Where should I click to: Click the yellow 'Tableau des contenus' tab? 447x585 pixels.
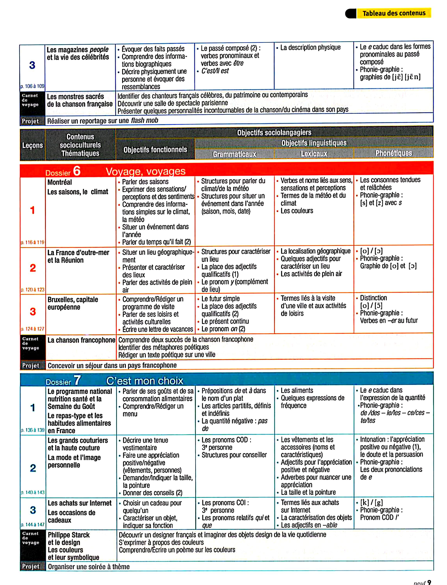[x=394, y=13]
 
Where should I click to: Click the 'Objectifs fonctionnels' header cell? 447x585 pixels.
[x=155, y=150]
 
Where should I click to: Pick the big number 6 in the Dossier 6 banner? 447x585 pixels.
[x=77, y=171]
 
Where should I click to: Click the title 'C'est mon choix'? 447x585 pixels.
[x=145, y=381]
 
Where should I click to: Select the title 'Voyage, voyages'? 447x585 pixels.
[x=146, y=171]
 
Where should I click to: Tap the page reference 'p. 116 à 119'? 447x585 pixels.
[x=32, y=242]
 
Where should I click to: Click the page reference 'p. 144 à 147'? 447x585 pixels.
[x=32, y=524]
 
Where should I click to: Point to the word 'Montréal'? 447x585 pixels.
[x=60, y=182]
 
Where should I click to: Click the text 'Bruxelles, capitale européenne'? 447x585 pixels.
[x=73, y=303]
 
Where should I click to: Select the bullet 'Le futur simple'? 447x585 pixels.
[x=220, y=299]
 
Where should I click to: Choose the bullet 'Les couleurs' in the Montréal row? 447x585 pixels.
[x=297, y=211]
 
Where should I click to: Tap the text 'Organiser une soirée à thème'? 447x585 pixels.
[x=89, y=566]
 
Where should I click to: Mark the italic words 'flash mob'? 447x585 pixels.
[x=144, y=120]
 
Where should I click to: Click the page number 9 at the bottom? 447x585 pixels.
[x=429, y=582]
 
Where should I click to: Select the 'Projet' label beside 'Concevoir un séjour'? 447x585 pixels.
[x=31, y=365]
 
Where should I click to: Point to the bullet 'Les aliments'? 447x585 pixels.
[x=297, y=390]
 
